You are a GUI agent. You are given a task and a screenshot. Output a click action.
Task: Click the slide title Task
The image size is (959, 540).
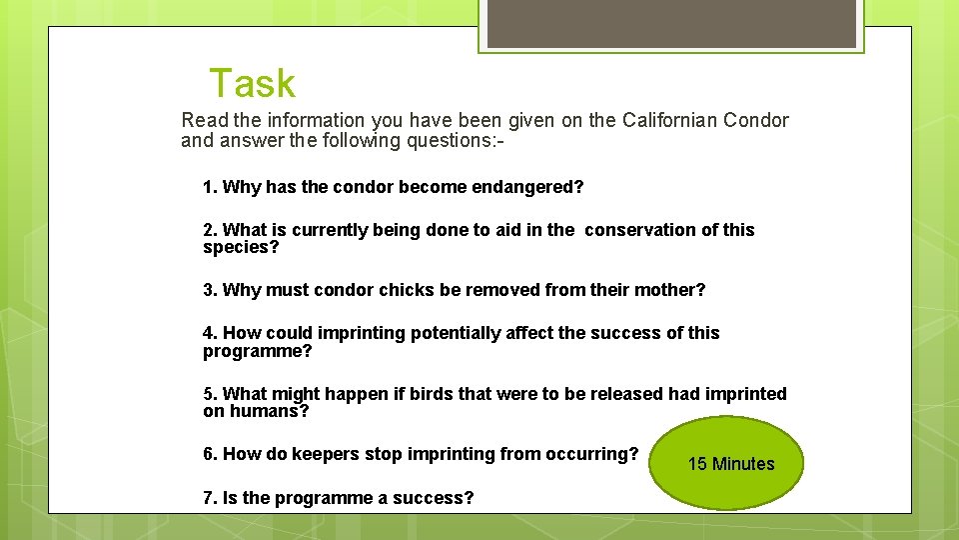click(x=252, y=83)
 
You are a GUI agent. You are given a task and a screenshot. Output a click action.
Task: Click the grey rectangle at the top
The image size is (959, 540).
click(x=672, y=22)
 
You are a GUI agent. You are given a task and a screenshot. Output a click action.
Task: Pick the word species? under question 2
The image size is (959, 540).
click(x=241, y=247)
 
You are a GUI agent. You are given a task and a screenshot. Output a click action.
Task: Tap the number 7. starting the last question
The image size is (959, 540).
click(x=210, y=497)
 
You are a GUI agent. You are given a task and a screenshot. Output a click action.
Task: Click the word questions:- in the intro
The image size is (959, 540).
click(x=455, y=141)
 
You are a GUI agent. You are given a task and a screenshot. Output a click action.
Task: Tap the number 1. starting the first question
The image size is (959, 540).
click(x=210, y=187)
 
